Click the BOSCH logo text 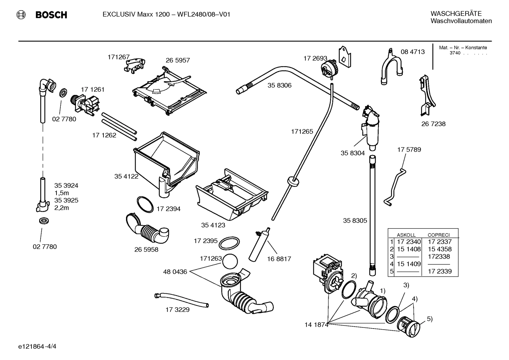pos(51,15)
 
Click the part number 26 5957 pos(178,60)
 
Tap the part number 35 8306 pos(279,85)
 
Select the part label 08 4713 pos(413,52)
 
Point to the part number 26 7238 pos(433,124)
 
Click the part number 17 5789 pos(409,150)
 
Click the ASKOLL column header pos(406,235)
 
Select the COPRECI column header pos(438,235)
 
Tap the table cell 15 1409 pos(409,264)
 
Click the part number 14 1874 pos(316,325)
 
